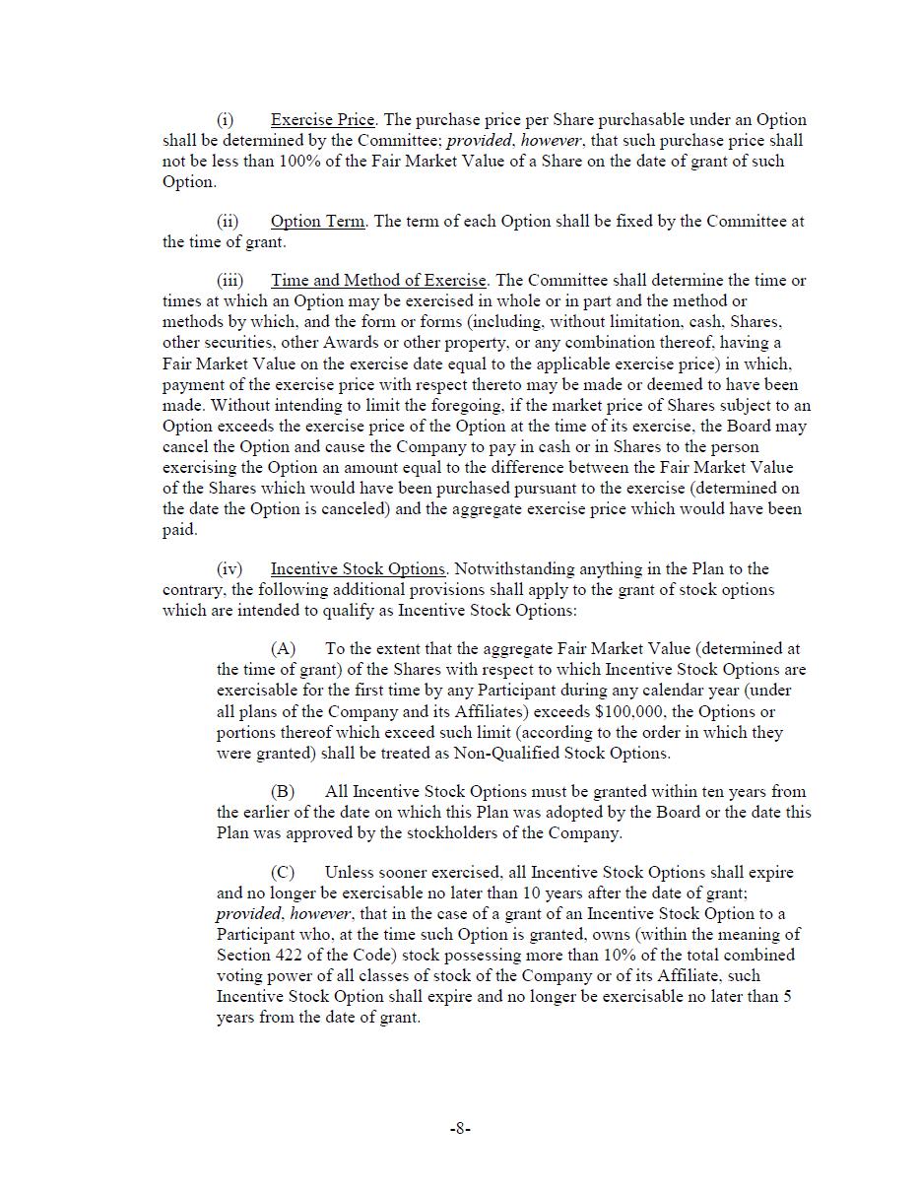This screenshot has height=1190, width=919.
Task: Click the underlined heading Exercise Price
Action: tap(322, 120)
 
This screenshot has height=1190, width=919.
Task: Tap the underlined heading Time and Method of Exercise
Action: tap(378, 281)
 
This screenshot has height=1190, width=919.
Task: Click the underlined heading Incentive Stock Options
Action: tap(358, 569)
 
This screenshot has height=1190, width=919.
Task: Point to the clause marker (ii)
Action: tap(228, 222)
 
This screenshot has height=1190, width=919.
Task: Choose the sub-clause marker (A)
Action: tap(283, 649)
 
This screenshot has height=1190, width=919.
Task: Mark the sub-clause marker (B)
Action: tap(283, 792)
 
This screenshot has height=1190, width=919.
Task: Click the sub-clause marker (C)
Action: tap(283, 873)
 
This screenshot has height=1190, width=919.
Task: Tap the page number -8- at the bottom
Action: tap(460, 1129)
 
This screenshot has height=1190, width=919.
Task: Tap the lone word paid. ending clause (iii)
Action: tap(180, 530)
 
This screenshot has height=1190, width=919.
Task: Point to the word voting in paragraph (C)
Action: tap(240, 976)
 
